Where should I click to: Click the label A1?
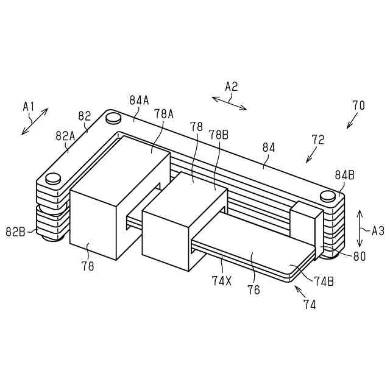[29, 106]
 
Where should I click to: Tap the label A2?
[231, 87]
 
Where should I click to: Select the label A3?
[378, 231]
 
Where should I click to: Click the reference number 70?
[358, 105]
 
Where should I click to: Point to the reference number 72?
[317, 140]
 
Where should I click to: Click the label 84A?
[139, 99]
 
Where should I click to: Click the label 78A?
[164, 113]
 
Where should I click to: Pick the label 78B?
[218, 133]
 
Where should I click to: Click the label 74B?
[324, 282]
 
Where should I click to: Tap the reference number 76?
[253, 290]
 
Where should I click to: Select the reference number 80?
[360, 257]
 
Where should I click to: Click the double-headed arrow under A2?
[230, 102]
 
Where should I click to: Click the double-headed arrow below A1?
[34, 121]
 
